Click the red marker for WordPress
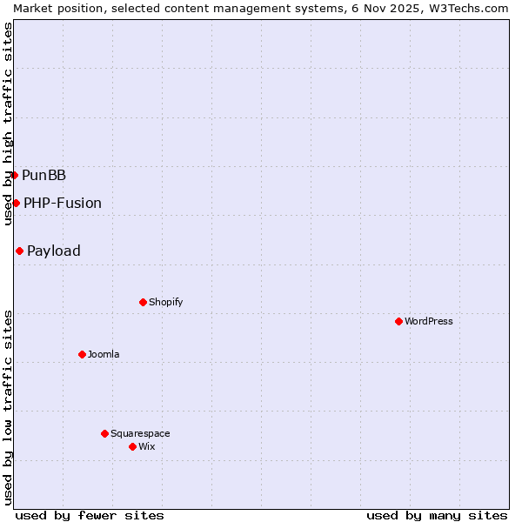tap(398, 321)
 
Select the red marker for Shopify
tap(143, 302)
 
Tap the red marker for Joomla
tap(82, 354)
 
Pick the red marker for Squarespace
tap(104, 433)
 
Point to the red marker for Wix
tap(132, 446)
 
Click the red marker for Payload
tap(19, 251)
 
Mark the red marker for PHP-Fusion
tap(16, 203)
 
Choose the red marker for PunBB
tap(14, 175)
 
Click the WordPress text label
tap(429, 321)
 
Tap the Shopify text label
tap(165, 302)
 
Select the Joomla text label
tap(104, 354)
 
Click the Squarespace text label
tap(140, 433)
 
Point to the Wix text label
tap(146, 446)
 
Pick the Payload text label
tap(54, 251)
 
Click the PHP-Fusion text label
tap(63, 203)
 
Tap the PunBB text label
tap(43, 175)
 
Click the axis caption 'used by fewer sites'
tap(90, 515)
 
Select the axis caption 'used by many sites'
tap(437, 515)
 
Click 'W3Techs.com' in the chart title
tap(466, 8)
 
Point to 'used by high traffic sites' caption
tap(8, 124)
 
